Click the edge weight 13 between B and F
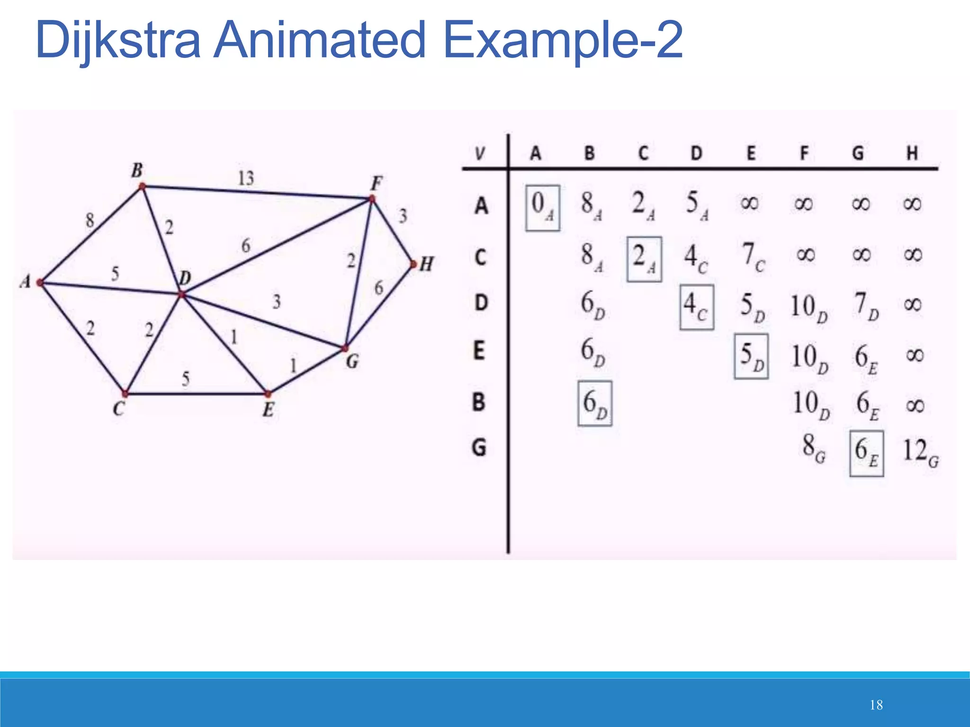coord(246,178)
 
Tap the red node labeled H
coord(413,264)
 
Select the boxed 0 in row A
coord(543,207)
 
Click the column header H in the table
coord(912,153)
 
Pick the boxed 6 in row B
coord(595,404)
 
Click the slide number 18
coord(876,705)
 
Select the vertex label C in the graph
coord(119,408)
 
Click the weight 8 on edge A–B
coord(90,220)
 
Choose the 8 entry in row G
coord(813,447)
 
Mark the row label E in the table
coord(479,351)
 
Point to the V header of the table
coord(480,153)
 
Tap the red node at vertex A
coord(40,283)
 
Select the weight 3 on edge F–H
coord(403,216)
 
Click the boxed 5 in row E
coord(751,356)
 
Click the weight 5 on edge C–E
coord(186,378)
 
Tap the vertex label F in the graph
coord(377,183)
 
